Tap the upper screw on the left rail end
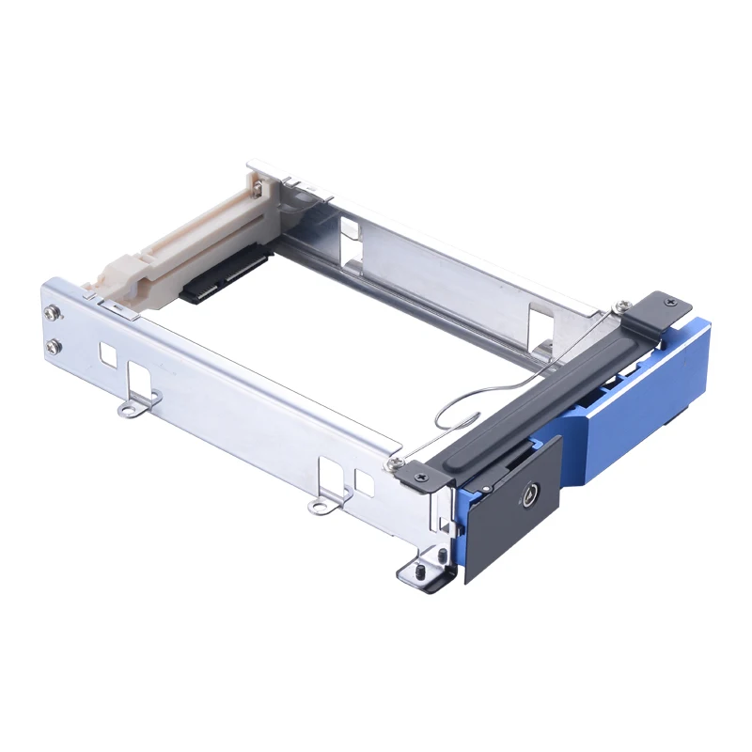[56, 315]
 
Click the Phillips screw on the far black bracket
[669, 302]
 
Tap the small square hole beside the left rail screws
[106, 354]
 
